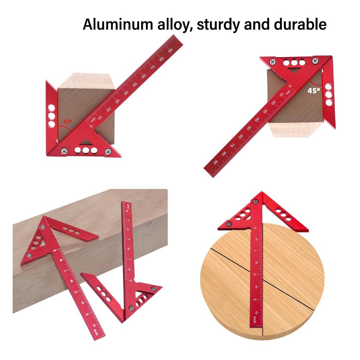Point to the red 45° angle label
pyautogui.click(x=68, y=122)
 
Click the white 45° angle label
pyautogui.click(x=314, y=90)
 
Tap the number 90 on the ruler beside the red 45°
pyautogui.click(x=170, y=50)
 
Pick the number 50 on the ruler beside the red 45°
pyautogui.click(x=135, y=84)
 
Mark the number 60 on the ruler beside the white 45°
pyautogui.click(x=240, y=137)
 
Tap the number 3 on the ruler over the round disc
pyautogui.click(x=255, y=300)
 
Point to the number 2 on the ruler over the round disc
pyautogui.click(x=255, y=275)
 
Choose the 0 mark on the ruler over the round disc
pyautogui.click(x=255, y=228)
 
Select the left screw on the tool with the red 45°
pyautogui.click(x=64, y=150)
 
